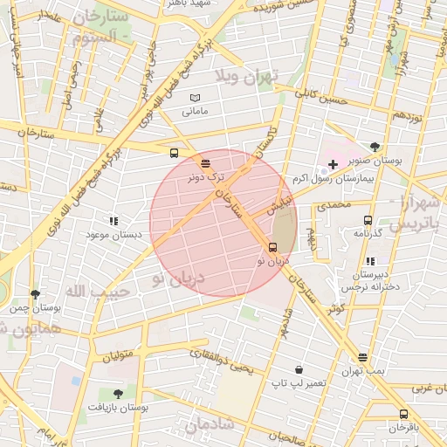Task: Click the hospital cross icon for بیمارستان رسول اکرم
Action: click(333, 164)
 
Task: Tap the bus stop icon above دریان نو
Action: click(273, 247)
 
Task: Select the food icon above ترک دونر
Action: click(205, 162)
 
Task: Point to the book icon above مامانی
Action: click(195, 97)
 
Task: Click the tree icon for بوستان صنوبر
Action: click(375, 147)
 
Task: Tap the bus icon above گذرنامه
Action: click(367, 221)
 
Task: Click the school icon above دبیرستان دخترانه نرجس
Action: click(370, 261)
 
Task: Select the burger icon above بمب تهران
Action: click(363, 358)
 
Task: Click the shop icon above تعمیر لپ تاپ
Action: click(299, 370)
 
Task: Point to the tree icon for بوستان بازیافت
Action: click(117, 394)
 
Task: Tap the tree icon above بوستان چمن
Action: click(35, 294)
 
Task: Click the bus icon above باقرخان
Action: click(403, 414)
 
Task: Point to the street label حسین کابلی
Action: click(320, 96)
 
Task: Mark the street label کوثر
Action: click(336, 308)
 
